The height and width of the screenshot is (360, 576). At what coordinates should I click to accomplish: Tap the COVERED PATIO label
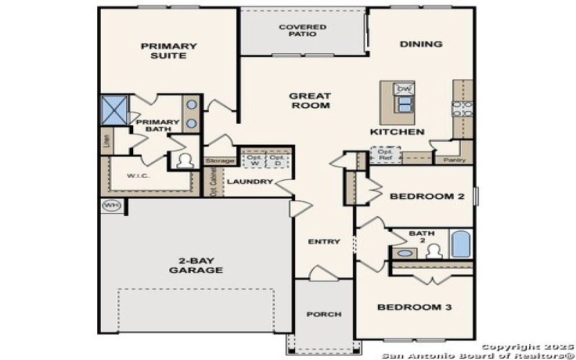302,30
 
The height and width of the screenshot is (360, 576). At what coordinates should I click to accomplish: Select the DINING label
421,44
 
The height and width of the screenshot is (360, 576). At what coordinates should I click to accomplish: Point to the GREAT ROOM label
310,101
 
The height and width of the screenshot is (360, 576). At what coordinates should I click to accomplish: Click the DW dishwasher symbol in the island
403,89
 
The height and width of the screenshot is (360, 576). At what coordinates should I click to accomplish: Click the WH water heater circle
111,205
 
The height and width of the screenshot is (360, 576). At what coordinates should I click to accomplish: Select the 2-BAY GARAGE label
196,265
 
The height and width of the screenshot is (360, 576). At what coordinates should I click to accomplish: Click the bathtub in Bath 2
460,244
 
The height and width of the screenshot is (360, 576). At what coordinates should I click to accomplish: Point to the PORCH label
323,315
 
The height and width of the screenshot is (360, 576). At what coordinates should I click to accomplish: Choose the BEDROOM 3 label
415,307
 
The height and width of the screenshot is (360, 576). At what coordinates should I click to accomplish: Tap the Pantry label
452,161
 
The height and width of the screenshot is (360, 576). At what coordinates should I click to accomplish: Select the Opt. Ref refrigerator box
386,153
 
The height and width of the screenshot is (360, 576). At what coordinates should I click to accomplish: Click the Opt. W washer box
254,159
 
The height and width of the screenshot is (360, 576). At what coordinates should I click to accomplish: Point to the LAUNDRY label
249,181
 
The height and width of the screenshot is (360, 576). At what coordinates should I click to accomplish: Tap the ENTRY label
323,241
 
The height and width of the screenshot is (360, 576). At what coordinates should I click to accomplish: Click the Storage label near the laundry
220,161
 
